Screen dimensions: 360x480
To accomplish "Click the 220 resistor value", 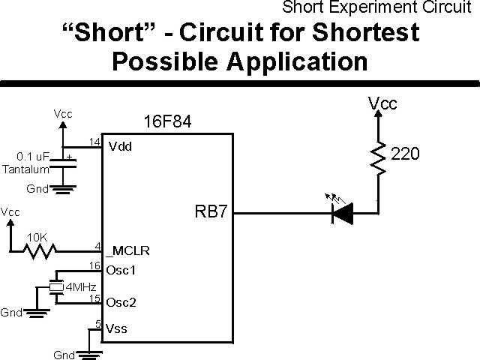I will [406, 154].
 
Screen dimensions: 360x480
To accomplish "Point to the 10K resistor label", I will [37, 238].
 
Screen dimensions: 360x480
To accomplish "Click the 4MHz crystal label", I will [80, 286].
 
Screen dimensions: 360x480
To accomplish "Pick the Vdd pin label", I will [120, 146].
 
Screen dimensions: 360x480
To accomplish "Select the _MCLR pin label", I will [124, 250].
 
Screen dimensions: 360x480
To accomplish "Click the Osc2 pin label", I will [121, 304].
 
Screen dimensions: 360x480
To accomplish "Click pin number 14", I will [94, 141].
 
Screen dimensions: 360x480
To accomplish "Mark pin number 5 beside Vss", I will [97, 324].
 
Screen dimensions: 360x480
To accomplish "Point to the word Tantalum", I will [25, 169].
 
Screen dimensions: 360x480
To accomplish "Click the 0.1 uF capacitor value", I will [33, 157].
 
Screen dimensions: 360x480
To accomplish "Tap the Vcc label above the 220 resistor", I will [382, 103].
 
